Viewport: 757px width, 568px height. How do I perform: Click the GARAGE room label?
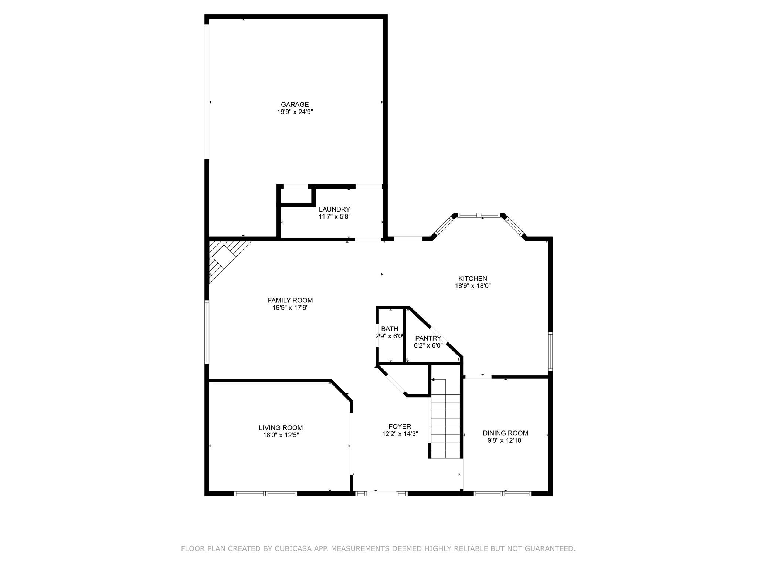pos(295,105)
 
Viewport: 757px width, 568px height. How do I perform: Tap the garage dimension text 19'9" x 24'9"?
pos(295,112)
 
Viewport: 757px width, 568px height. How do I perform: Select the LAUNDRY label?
pos(334,209)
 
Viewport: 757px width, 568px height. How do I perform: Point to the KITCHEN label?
pos(472,278)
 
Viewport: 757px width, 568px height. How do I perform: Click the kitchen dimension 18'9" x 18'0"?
pos(472,286)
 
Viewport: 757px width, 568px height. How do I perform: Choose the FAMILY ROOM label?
pos(290,300)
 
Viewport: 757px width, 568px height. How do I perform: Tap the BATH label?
pos(390,329)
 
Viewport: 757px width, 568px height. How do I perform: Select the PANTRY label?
pos(428,338)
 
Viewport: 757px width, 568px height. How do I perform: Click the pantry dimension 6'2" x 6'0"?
pos(428,345)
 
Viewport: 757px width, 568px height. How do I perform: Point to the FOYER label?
pos(400,426)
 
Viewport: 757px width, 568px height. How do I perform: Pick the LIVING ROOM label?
pos(281,428)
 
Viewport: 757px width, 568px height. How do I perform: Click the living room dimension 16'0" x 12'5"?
pos(281,435)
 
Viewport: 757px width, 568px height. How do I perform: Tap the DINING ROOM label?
pos(505,433)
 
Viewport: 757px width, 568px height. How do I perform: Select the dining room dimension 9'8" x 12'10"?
pos(505,440)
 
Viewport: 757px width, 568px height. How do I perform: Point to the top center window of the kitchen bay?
pos(479,215)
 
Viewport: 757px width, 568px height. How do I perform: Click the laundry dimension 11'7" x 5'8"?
pos(334,217)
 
